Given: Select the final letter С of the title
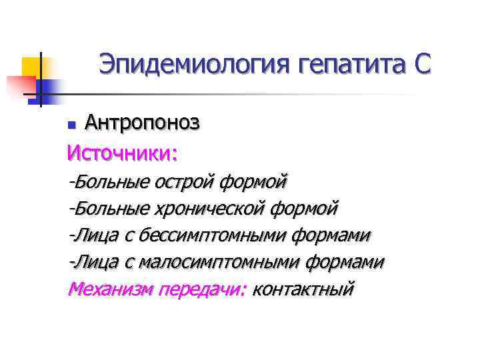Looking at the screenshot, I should point(421,65).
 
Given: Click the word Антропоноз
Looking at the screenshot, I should point(142,122).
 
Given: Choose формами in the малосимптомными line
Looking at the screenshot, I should point(345,263).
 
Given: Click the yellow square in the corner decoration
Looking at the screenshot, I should point(33,68).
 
